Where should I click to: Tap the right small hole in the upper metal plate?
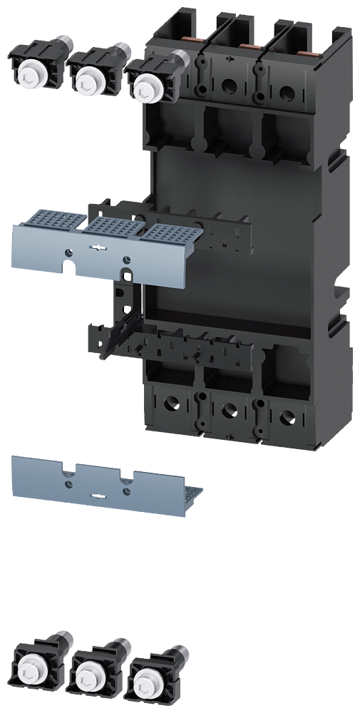126,260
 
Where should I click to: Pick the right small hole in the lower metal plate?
126,491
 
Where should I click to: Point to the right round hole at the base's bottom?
286,416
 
